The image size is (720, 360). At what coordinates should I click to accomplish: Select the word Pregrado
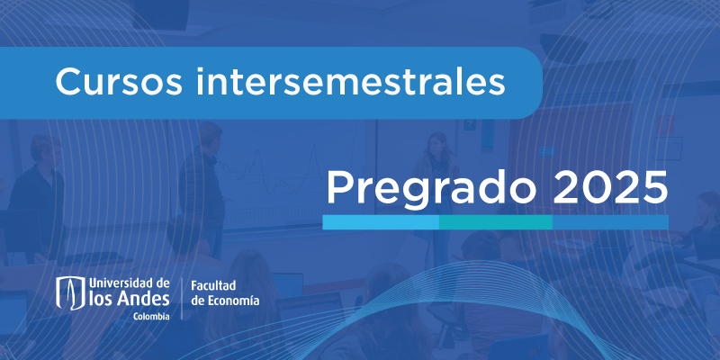pyautogui.click(x=431, y=189)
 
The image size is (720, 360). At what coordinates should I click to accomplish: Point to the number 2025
pyautogui.click(x=610, y=187)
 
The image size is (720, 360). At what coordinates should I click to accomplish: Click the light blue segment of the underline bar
pyautogui.click(x=381, y=222)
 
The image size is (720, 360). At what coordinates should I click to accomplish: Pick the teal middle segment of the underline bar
pyautogui.click(x=496, y=222)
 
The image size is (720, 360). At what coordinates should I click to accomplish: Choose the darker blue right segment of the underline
pyautogui.click(x=610, y=222)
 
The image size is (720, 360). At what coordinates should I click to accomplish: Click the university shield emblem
pyautogui.click(x=71, y=293)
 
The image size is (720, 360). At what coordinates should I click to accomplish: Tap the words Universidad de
pyautogui.click(x=130, y=283)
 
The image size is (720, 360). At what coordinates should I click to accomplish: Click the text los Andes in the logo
pyautogui.click(x=130, y=299)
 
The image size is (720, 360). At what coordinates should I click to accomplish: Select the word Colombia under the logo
pyautogui.click(x=151, y=316)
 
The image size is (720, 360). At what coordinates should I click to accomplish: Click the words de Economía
pyautogui.click(x=225, y=301)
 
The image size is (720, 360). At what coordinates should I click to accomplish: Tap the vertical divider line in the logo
pyautogui.click(x=183, y=298)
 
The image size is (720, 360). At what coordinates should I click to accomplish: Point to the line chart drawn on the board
pyautogui.click(x=271, y=170)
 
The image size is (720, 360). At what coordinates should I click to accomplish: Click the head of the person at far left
pyautogui.click(x=45, y=150)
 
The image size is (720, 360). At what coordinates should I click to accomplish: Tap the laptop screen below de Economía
pyautogui.click(x=288, y=284)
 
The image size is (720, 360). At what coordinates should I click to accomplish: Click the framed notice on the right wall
pyautogui.click(x=667, y=148)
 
